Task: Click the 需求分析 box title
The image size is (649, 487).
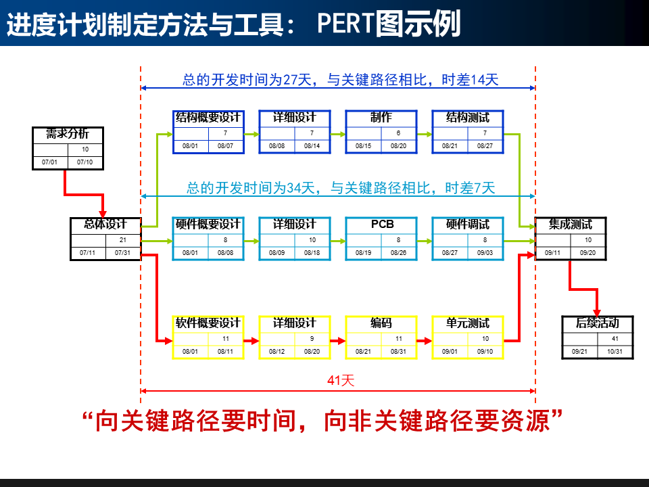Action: tap(67, 133)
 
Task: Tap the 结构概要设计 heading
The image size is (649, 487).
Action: tap(208, 117)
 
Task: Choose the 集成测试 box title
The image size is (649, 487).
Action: tap(570, 224)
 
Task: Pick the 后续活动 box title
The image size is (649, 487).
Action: tap(597, 323)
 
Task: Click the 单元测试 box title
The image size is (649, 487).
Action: tap(467, 323)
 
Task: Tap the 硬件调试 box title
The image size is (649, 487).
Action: tap(467, 224)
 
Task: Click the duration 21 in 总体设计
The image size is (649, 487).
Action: tap(122, 240)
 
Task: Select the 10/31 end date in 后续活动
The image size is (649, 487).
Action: tap(615, 352)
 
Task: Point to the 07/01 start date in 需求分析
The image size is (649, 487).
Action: tap(49, 162)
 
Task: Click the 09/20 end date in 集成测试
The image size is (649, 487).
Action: tap(588, 253)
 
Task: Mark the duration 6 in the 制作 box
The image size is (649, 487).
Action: tap(398, 133)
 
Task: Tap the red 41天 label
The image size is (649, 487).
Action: tap(341, 381)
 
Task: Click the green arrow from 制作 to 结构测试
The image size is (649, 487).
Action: tap(425, 134)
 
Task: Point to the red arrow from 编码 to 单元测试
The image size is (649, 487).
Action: tap(425, 340)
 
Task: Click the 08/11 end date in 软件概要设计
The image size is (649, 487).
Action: tap(225, 352)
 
